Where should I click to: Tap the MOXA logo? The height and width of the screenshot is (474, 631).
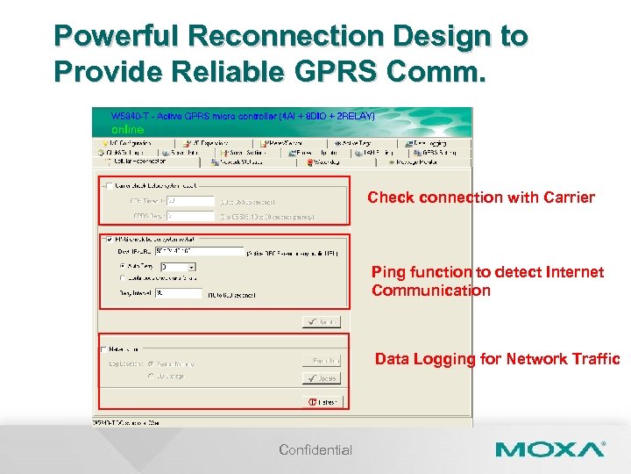click(x=549, y=450)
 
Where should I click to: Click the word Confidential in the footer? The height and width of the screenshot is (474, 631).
click(x=315, y=450)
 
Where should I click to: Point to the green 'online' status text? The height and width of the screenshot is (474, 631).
click(x=128, y=129)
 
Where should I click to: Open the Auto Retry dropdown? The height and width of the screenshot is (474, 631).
click(x=191, y=266)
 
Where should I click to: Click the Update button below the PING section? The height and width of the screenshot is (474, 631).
click(x=321, y=321)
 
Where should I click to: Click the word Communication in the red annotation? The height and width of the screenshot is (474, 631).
click(x=430, y=291)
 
